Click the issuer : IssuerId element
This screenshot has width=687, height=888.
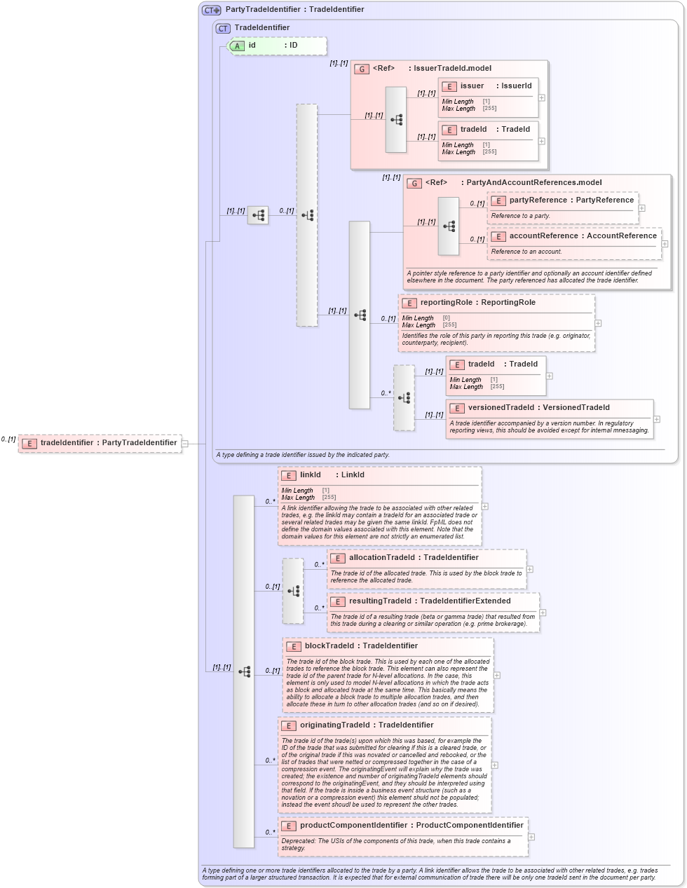coord(488,86)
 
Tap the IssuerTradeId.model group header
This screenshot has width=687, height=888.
coord(442,69)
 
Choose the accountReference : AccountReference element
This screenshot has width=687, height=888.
coord(574,236)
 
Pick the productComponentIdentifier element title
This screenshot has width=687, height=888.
coord(403,826)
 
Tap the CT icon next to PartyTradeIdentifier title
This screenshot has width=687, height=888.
coord(212,10)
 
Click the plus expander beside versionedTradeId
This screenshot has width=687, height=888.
coord(656,419)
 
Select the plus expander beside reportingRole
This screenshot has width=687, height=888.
coord(598,323)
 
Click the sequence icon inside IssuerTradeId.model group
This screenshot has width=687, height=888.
coord(396,120)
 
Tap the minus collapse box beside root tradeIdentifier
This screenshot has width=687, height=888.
coord(184,443)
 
